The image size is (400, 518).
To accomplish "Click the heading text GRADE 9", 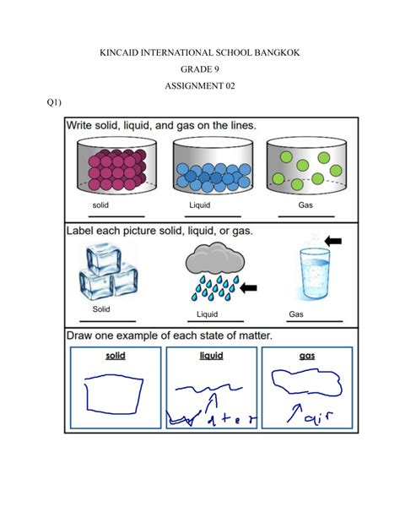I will pos(200,74).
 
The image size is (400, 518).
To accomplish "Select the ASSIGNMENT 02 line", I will pos(200,96).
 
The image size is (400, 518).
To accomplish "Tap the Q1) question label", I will pos(56,101).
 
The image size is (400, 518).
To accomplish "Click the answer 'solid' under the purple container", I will pos(102,205).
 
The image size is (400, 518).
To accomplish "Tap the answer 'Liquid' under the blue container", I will pos(201,205).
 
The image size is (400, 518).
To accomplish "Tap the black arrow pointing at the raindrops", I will pos(250,289).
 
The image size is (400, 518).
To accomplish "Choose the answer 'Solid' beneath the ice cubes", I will pos(101,309).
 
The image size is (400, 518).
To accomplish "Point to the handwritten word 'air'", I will pos(314,416).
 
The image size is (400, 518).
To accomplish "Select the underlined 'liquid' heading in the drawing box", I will pos(211,356).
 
